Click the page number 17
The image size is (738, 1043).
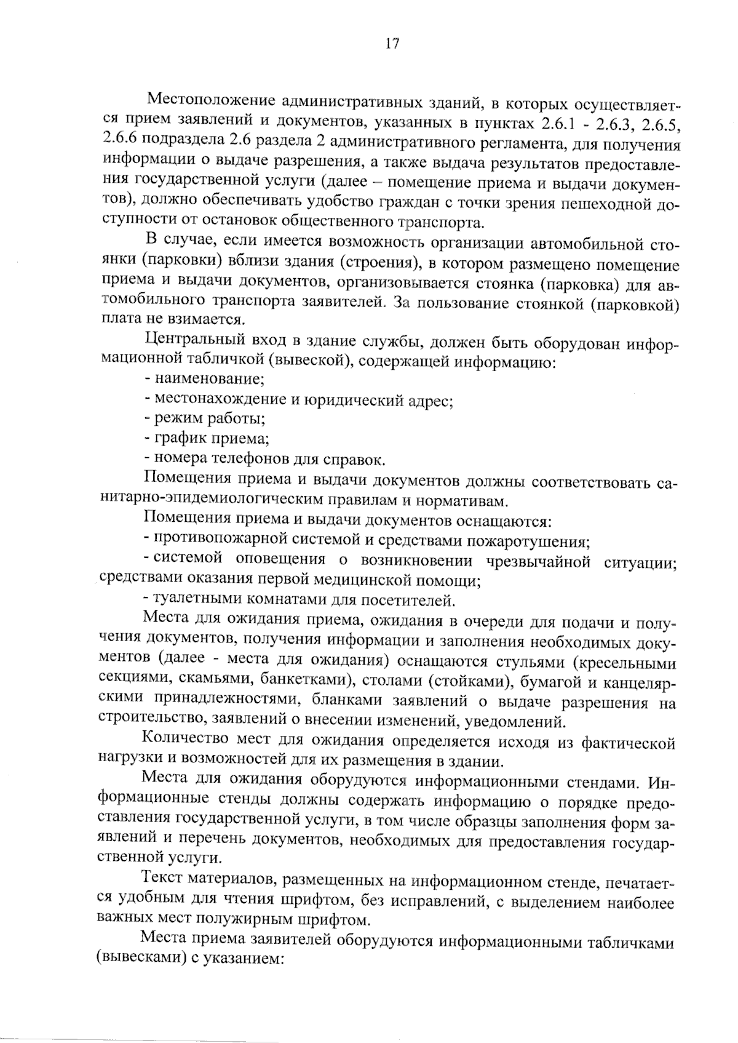[x=392, y=43]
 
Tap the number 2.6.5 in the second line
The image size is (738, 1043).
[x=659, y=125]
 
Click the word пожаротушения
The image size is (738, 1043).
[x=528, y=541]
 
